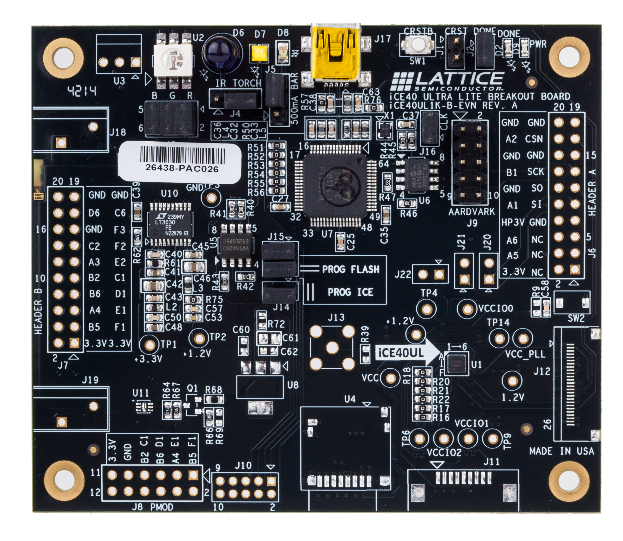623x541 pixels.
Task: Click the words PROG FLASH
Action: [x=351, y=269]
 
